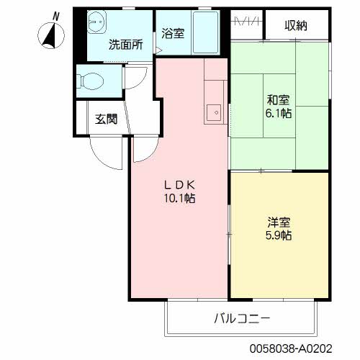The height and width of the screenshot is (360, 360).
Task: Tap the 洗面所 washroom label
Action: pyautogui.click(x=125, y=44)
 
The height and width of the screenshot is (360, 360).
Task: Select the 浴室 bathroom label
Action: pyautogui.click(x=173, y=32)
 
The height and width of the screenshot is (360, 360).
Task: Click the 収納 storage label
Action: pyautogui.click(x=295, y=26)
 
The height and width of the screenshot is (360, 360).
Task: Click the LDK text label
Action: pyautogui.click(x=180, y=183)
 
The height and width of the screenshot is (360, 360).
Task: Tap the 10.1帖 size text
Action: pyautogui.click(x=180, y=197)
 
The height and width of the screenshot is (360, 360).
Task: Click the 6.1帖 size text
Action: pyautogui.click(x=279, y=114)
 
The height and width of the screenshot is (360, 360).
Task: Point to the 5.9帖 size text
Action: pyautogui.click(x=278, y=235)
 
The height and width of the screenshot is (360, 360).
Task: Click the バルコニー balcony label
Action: pyautogui.click(x=241, y=318)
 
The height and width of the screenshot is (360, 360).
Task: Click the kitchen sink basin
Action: pyautogui.click(x=214, y=113)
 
